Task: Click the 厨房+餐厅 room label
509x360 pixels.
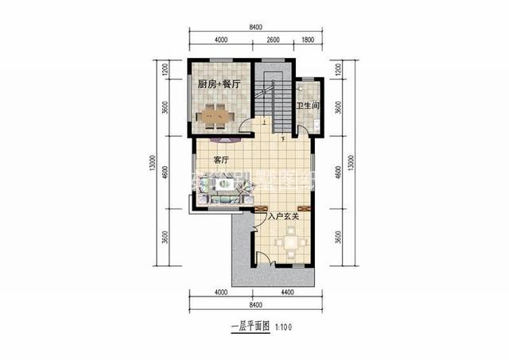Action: [220, 83]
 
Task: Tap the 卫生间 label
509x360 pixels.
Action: [308, 106]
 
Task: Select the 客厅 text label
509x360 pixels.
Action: [222, 160]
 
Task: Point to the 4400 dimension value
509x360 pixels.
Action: [287, 293]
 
